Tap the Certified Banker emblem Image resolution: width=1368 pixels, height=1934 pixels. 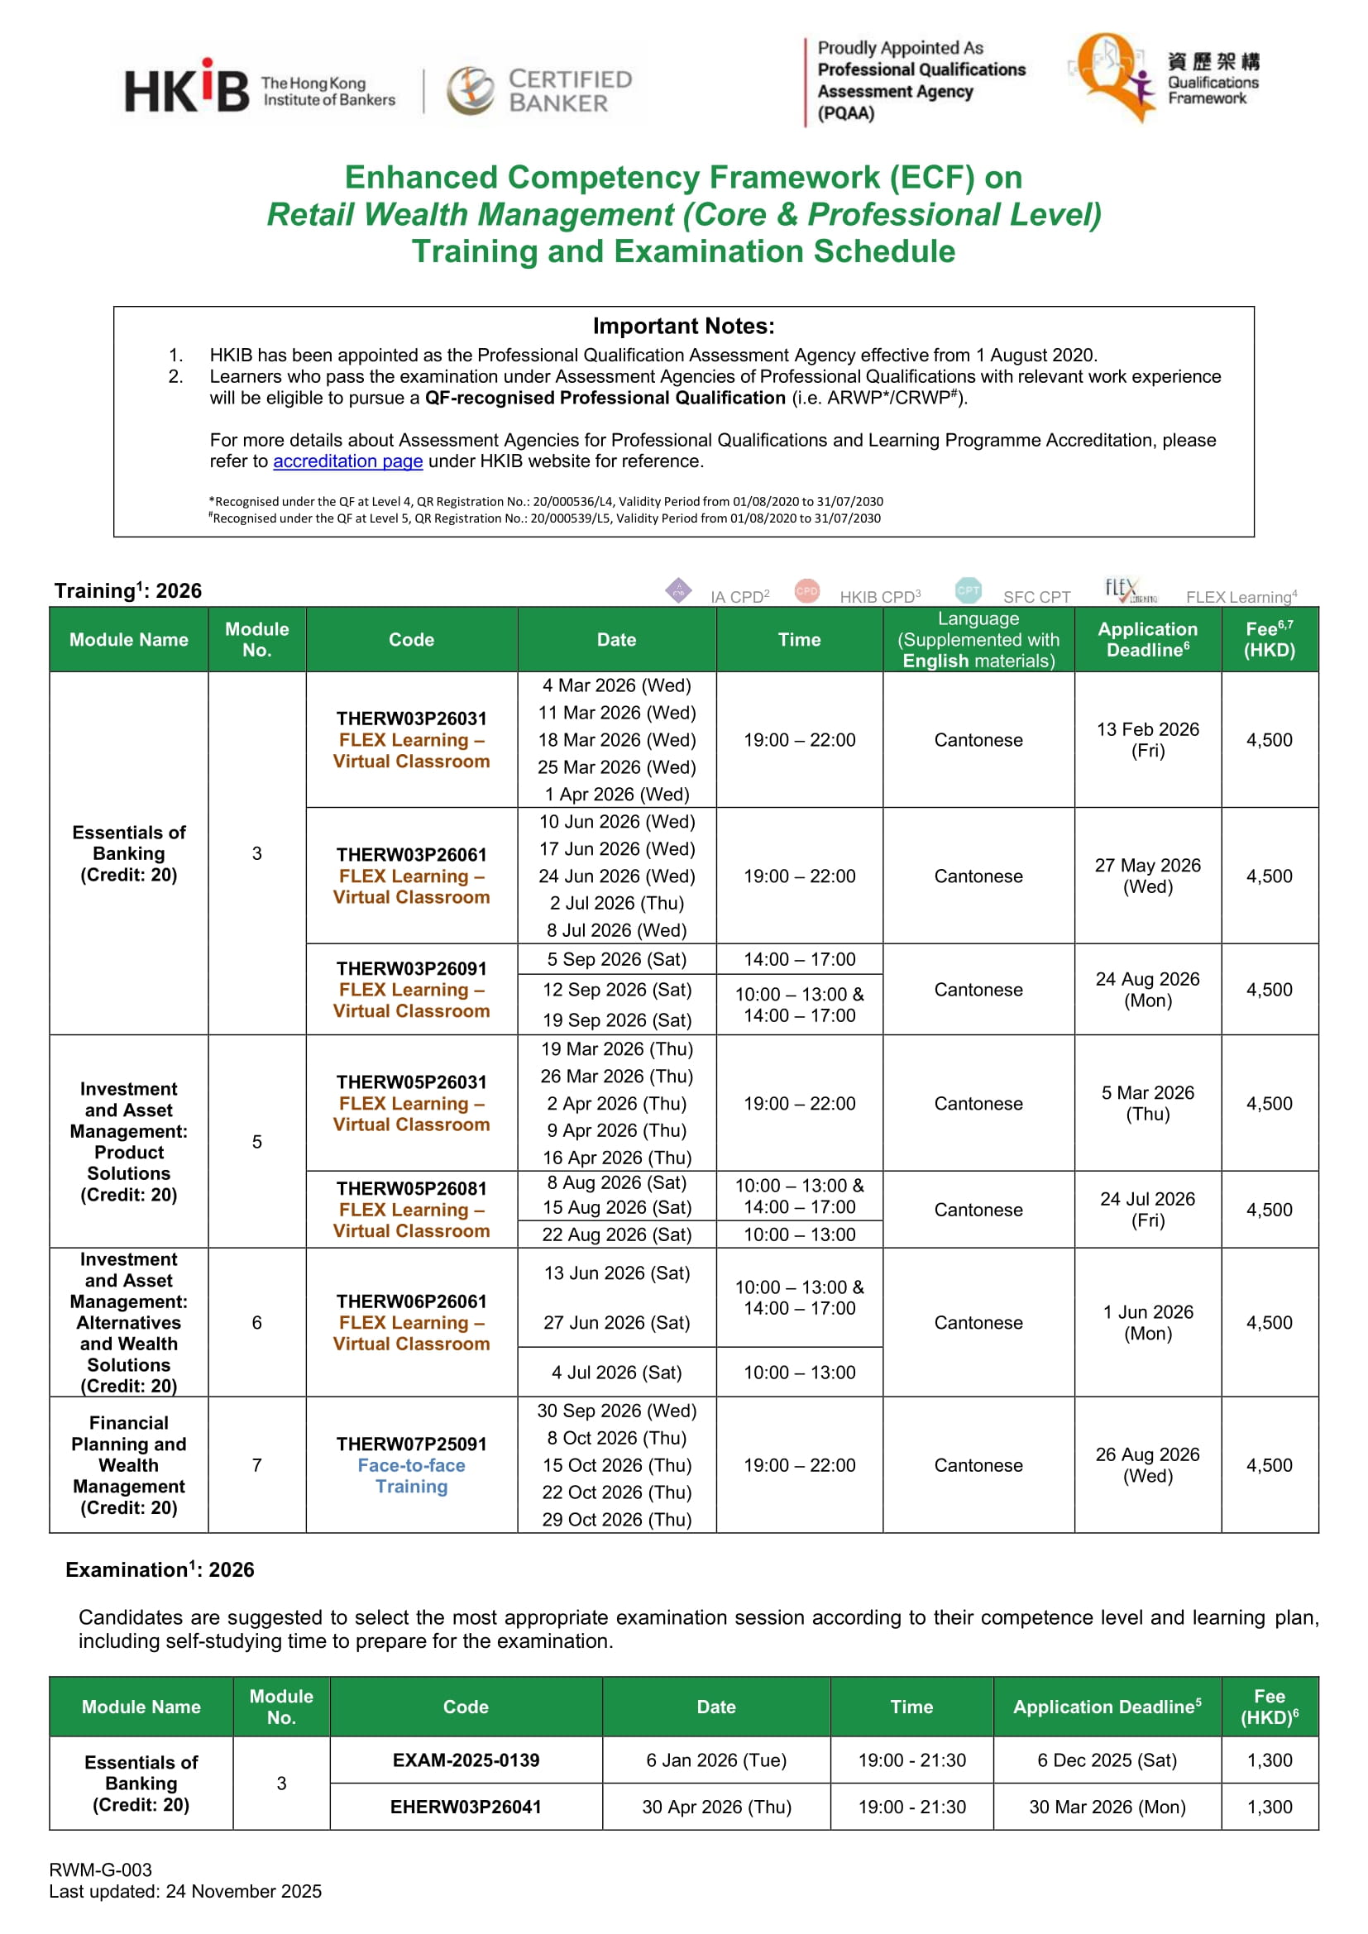point(470,90)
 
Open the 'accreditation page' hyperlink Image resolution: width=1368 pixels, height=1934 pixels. point(347,461)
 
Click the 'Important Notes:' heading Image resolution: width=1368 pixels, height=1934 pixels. point(683,326)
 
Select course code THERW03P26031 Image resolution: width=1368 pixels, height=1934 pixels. point(411,719)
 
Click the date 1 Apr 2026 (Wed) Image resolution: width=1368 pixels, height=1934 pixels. point(617,795)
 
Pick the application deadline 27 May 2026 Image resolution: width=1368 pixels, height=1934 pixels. point(1147,876)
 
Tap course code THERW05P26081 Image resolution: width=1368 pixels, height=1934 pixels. point(411,1188)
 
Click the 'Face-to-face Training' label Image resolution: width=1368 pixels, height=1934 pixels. point(411,1476)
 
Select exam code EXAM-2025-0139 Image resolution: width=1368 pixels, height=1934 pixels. point(466,1760)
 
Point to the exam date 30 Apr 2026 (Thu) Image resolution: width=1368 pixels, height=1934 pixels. point(716,1807)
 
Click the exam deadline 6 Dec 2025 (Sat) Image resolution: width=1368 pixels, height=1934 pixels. point(1107,1760)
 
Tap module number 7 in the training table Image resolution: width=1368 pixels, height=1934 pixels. point(257,1465)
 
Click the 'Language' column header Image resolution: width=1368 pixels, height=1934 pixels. point(978,619)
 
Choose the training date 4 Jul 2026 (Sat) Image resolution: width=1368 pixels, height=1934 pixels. point(617,1373)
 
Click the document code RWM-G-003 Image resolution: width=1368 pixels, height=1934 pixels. point(100,1870)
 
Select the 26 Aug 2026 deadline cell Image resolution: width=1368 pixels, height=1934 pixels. point(1147,1465)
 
